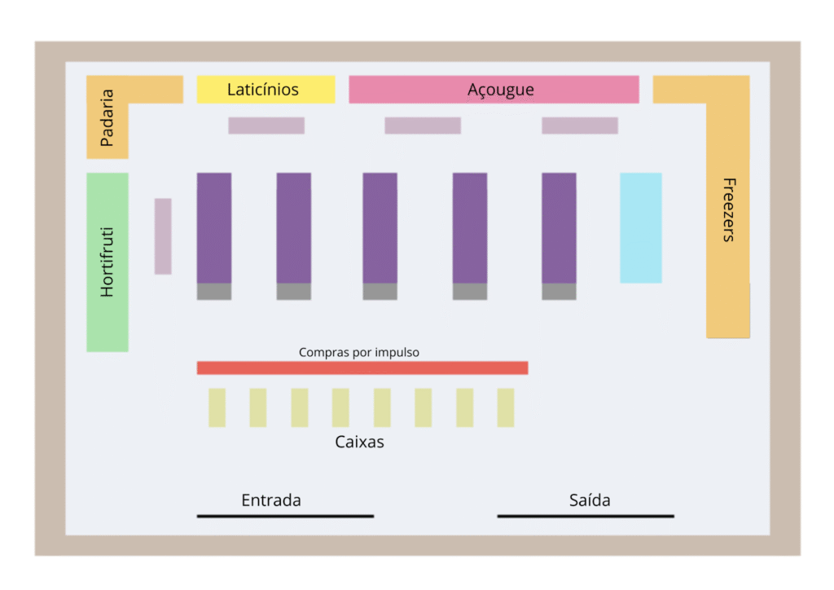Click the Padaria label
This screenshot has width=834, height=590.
107,117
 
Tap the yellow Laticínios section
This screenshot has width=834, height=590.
266,90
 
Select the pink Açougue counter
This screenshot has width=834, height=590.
494,90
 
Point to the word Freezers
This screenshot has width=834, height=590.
729,209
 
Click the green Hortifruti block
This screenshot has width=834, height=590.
108,262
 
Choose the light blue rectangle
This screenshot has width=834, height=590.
640,227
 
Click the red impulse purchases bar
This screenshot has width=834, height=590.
362,368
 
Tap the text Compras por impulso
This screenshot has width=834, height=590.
359,352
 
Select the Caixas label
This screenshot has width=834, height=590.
359,442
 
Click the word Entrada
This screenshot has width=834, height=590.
271,500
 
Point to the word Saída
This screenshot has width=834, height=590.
590,500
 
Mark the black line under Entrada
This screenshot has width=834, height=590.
285,516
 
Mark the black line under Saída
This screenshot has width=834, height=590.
586,516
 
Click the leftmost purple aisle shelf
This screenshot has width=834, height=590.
213,228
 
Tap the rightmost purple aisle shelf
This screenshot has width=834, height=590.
559,228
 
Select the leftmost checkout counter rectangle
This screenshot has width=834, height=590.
217,407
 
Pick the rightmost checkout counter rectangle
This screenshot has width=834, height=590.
506,407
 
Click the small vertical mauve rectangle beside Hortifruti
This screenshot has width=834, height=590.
163,236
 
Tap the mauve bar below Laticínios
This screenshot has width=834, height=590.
266,125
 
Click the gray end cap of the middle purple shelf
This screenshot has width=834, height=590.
380,292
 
